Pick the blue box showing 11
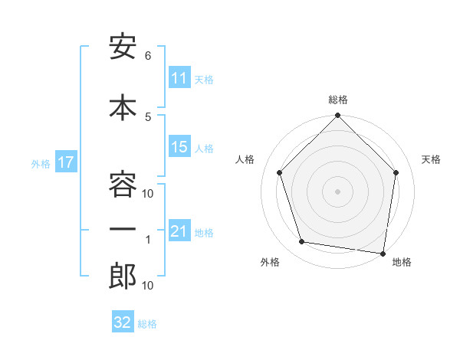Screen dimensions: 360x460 pos(179,78)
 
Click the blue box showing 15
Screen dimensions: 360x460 pos(179,147)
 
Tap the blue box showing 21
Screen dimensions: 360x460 pos(179,231)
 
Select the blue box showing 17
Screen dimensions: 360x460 pos(65,162)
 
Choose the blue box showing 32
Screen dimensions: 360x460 pos(122,322)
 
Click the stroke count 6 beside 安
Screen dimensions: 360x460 pos(148,56)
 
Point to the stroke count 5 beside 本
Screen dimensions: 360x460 pos(148,116)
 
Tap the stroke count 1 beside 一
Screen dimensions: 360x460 pos(149,240)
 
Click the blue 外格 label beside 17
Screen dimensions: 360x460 pos(41,163)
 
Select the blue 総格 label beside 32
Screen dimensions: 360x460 pos(147,323)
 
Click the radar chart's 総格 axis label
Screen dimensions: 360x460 pos(338,100)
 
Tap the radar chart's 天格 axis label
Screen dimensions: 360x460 pos(431,159)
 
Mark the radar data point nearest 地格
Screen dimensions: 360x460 pos(383,253)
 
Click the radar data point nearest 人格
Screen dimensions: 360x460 pos(280,172)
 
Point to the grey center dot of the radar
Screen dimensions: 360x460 pos(338,191)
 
